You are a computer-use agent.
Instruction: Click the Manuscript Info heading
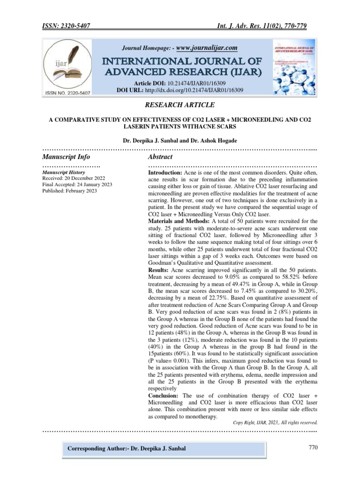pos(66,157)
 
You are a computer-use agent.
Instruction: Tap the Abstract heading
pos(160,157)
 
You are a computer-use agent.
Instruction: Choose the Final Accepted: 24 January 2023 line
pos(77,185)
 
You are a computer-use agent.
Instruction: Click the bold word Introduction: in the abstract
pos(165,173)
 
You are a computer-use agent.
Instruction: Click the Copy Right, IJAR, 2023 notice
pos(276,421)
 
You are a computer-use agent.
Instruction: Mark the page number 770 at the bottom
pos(313,447)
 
